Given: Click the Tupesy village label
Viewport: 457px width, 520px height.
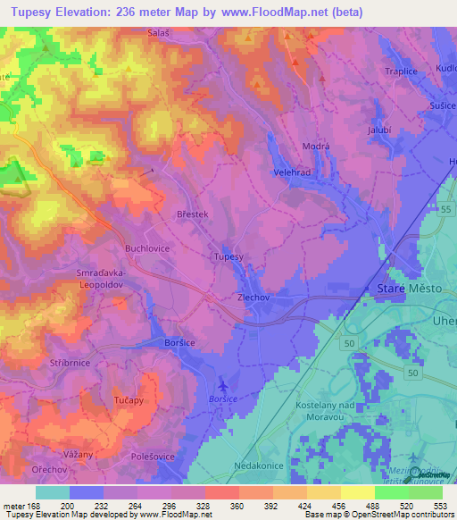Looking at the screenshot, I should click(228, 256).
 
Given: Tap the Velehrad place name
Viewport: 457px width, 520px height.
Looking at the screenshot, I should click(291, 175).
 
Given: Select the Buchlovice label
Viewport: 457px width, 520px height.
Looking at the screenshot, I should click(146, 249).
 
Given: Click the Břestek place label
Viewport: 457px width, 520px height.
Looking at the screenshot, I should click(192, 214).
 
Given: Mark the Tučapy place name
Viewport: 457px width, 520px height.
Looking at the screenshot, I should click(129, 401).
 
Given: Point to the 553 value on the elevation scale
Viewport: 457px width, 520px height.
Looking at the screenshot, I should click(441, 507).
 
